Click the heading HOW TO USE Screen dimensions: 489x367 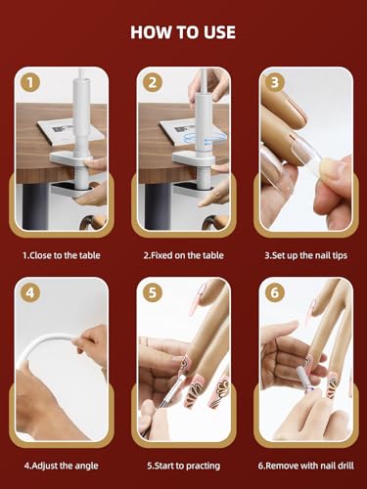click(x=183, y=32)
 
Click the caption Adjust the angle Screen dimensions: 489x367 click(x=61, y=466)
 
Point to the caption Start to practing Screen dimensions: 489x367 click(x=184, y=466)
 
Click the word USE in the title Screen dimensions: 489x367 click(x=216, y=32)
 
